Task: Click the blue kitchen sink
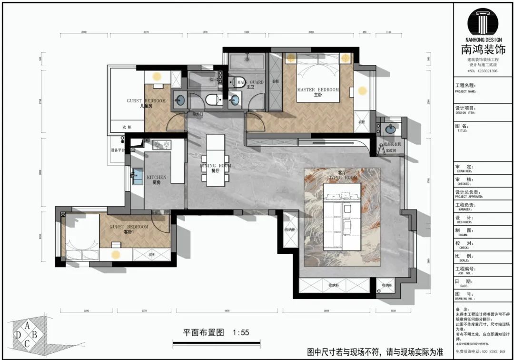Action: [x=137, y=176]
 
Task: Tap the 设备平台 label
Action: [x=117, y=150]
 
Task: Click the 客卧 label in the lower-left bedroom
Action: [x=129, y=232]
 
